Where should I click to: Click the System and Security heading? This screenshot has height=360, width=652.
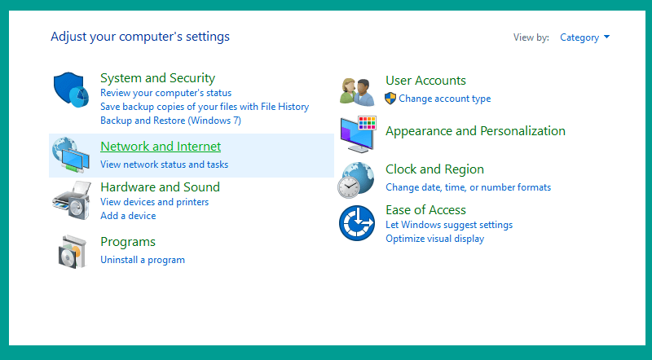click(x=157, y=78)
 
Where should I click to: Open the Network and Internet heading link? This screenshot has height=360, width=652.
click(x=161, y=147)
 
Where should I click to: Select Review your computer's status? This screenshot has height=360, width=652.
click(x=165, y=93)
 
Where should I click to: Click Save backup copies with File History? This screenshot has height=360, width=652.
click(x=205, y=107)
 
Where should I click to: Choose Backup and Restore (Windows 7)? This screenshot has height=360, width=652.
click(x=170, y=121)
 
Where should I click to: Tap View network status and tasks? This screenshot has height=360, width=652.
click(x=165, y=165)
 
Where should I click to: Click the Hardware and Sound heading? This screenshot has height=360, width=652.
click(x=160, y=187)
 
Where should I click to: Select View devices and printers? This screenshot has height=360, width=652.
click(x=154, y=202)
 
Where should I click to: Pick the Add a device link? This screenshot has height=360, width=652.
click(x=128, y=216)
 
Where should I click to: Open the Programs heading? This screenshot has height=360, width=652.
click(x=128, y=242)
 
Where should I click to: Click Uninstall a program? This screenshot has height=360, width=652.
click(x=143, y=260)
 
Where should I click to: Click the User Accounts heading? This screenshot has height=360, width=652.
click(x=425, y=81)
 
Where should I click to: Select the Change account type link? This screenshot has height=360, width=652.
click(x=444, y=99)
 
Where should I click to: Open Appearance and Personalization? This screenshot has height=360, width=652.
click(x=475, y=131)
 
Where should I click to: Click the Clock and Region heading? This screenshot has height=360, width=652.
click(x=434, y=169)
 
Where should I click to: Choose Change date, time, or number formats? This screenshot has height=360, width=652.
click(x=468, y=187)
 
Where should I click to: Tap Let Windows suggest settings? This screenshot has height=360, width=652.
click(x=449, y=225)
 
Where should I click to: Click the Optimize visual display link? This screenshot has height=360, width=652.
click(x=435, y=239)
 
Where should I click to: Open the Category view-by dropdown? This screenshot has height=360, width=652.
click(x=584, y=37)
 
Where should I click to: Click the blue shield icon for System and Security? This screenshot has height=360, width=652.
click(x=71, y=90)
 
